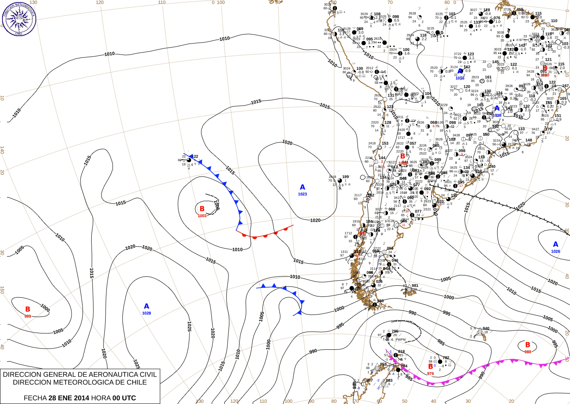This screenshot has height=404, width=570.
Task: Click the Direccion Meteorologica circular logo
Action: [x=19, y=19]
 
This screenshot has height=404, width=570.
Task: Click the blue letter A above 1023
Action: [x=302, y=187]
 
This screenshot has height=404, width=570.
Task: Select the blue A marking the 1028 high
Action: [x=146, y=306]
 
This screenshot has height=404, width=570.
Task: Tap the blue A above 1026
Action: [x=556, y=244]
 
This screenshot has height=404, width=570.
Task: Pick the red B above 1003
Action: [x=202, y=209]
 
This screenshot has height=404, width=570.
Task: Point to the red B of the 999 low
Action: [x=28, y=309]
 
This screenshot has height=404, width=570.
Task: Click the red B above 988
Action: [x=528, y=345]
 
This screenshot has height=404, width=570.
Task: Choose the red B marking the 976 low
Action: [x=430, y=366]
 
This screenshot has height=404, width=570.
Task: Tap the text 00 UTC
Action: [x=124, y=398]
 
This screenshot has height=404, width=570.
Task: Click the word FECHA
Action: [x=35, y=398]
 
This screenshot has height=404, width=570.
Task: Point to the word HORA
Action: [x=101, y=398]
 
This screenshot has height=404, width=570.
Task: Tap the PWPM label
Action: [x=401, y=340]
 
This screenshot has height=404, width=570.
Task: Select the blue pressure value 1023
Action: [x=302, y=194]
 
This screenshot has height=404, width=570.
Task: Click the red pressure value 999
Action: [x=28, y=316]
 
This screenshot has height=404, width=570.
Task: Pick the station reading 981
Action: [x=415, y=286]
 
